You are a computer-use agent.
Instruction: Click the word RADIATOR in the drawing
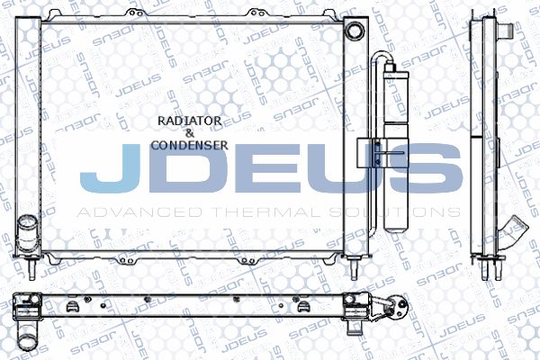(189, 121)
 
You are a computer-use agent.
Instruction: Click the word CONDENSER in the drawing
(189, 145)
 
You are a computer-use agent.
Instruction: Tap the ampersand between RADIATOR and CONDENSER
(190, 133)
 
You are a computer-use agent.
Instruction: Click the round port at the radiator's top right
(355, 31)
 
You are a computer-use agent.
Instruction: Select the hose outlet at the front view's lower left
(27, 233)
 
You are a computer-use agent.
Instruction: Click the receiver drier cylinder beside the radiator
(396, 148)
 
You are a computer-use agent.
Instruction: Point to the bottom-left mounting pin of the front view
(31, 268)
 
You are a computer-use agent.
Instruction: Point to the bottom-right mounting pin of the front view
(355, 268)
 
